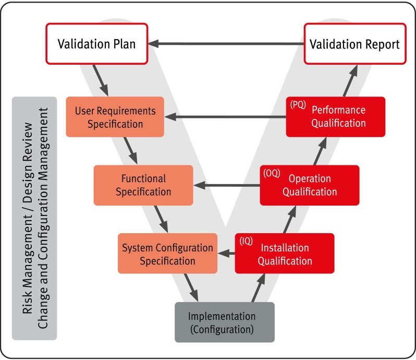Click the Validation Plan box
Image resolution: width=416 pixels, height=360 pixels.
pos(96,44)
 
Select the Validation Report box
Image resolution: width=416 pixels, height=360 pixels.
pos(354,44)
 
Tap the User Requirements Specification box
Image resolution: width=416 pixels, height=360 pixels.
pos(115,117)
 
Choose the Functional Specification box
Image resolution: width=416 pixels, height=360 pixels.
pos(143,185)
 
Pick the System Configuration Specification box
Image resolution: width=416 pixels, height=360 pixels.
pos(167,253)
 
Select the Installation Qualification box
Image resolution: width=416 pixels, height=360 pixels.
pos(284,253)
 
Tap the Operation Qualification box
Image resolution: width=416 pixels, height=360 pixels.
pos(310,185)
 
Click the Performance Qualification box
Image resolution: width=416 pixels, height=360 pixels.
pos(336,116)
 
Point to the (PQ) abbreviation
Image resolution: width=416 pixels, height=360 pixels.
pos(298,105)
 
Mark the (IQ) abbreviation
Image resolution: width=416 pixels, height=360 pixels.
pos(246,241)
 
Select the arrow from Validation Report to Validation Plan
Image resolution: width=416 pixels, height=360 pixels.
pos(224,44)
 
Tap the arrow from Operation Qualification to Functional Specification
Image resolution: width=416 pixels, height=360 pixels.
pos(226,185)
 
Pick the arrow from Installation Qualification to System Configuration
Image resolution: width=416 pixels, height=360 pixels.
pos(226,254)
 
